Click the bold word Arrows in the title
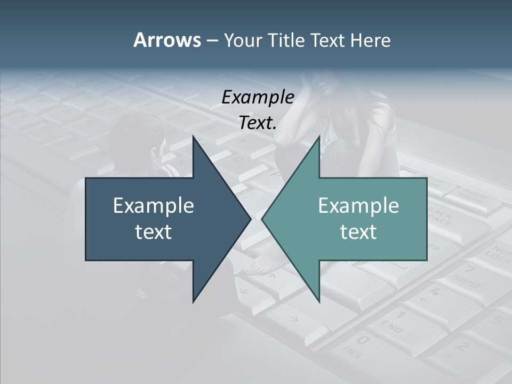(x=166, y=40)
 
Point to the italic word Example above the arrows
(x=258, y=97)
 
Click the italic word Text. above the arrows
(x=258, y=123)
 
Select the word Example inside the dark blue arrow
(x=154, y=205)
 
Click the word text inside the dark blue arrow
(x=154, y=231)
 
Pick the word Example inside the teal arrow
(x=358, y=205)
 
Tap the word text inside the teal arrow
(x=358, y=231)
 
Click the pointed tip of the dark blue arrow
(x=250, y=219)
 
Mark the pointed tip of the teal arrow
(x=263, y=219)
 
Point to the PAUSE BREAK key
(x=473, y=196)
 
